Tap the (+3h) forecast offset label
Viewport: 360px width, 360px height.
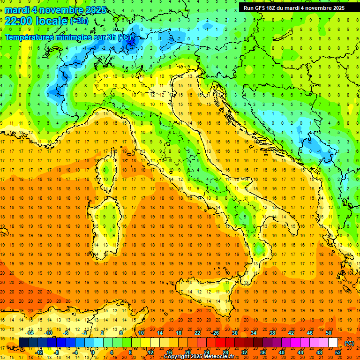[x=78, y=21]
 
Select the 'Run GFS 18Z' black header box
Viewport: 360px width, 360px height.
[x=294, y=7]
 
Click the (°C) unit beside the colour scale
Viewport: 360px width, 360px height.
[x=349, y=343]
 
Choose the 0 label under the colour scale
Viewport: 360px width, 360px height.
[x=92, y=352]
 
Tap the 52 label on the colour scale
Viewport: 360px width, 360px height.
[x=338, y=352]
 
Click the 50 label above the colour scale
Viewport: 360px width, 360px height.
[x=329, y=333]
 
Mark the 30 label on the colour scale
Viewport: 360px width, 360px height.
[x=234, y=333]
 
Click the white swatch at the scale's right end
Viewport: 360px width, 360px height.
[x=333, y=343]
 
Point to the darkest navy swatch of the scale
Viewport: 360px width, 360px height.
[x=23, y=343]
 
